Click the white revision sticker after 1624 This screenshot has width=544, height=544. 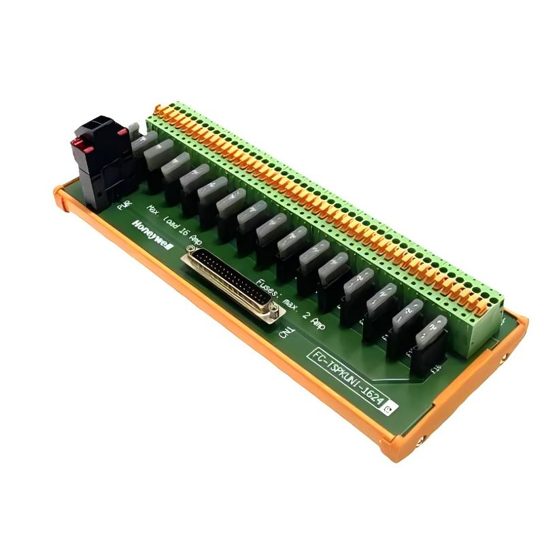pos(389,408)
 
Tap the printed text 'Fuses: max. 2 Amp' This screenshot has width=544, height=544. pos(288,299)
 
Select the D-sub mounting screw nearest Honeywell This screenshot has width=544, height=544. pos(188,253)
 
